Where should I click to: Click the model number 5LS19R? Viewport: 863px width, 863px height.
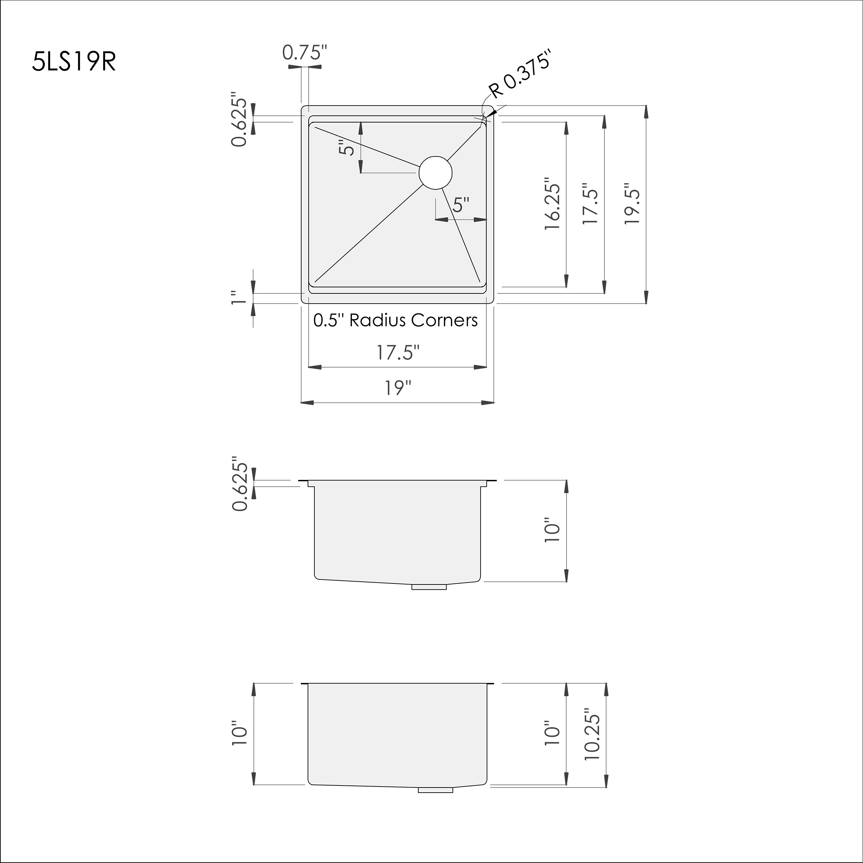(74, 62)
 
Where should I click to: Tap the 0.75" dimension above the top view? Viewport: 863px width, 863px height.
(305, 53)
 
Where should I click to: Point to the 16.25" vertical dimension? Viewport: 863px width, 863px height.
(552, 205)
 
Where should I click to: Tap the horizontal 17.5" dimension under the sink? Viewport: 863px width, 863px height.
(398, 352)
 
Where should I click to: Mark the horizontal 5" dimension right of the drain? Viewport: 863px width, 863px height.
(461, 205)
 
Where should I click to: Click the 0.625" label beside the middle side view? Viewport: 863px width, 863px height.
(239, 483)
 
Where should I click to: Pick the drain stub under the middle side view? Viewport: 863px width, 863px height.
(429, 587)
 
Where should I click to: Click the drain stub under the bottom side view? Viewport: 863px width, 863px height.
(435, 790)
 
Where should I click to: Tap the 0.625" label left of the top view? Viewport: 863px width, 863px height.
(239, 120)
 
